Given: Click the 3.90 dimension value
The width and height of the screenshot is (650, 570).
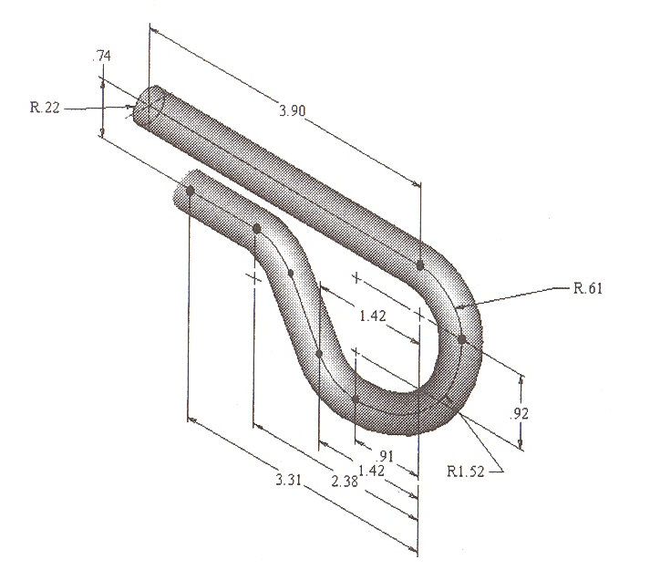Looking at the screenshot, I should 293,110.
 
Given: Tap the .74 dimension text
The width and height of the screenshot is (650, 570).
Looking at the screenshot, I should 102,57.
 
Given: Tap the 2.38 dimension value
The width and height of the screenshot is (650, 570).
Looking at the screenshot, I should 346,481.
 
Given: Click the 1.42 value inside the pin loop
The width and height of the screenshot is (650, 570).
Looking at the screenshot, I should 373,316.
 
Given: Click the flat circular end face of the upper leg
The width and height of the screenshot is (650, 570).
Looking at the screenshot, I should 146,108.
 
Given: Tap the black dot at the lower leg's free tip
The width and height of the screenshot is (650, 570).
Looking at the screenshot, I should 191,190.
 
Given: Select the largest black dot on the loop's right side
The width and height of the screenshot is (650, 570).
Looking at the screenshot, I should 462,339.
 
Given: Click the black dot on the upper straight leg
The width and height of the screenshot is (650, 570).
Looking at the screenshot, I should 420,265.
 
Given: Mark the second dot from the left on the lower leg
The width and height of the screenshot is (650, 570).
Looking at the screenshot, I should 257,227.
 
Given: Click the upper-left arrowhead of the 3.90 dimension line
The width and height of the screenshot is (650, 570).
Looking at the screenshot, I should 153,31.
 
